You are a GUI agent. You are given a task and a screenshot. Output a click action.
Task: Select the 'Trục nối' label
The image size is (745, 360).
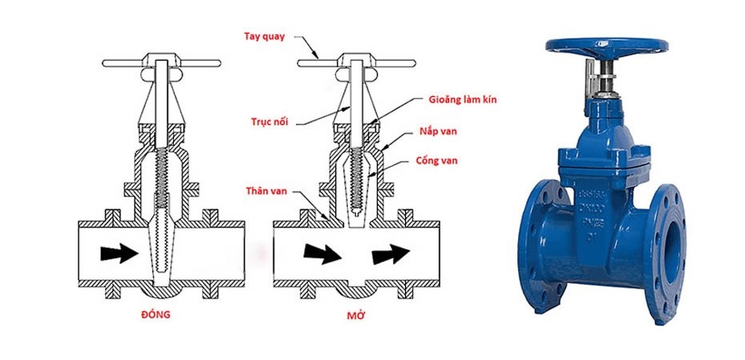(269, 122)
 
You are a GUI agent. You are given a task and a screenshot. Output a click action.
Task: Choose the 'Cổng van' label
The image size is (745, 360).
(438, 160)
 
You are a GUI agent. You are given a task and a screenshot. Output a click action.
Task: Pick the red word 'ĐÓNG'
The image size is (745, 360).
(157, 314)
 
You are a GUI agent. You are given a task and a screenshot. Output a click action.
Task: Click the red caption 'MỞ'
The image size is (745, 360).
(351, 314)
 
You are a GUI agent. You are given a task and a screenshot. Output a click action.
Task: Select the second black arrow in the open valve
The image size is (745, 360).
(391, 254)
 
